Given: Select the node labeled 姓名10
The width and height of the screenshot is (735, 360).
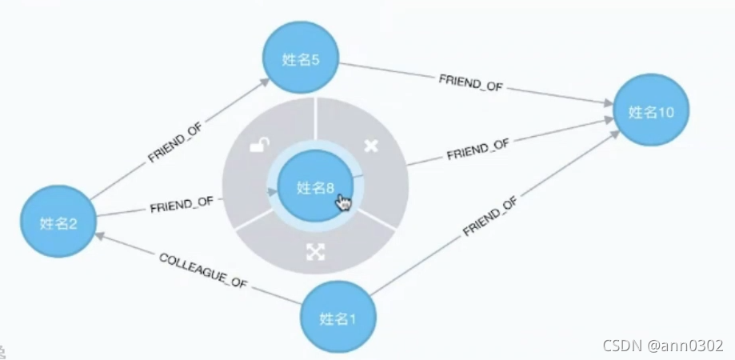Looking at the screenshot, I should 651,112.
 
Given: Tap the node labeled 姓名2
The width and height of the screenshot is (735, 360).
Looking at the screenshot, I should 58,222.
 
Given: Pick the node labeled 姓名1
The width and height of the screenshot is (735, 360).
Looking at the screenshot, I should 338,318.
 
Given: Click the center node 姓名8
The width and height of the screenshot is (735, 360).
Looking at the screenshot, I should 315,187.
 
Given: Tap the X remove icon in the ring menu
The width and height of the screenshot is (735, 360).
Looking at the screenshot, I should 371,146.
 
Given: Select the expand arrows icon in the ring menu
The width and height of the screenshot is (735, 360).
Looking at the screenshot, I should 315,251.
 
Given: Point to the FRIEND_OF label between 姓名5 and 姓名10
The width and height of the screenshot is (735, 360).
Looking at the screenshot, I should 470,82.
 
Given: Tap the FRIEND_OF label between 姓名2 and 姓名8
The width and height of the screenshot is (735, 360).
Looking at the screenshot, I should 182,205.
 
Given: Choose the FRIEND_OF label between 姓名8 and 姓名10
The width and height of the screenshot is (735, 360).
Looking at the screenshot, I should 477,148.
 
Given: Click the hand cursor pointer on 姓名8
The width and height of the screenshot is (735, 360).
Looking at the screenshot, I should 343,202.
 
